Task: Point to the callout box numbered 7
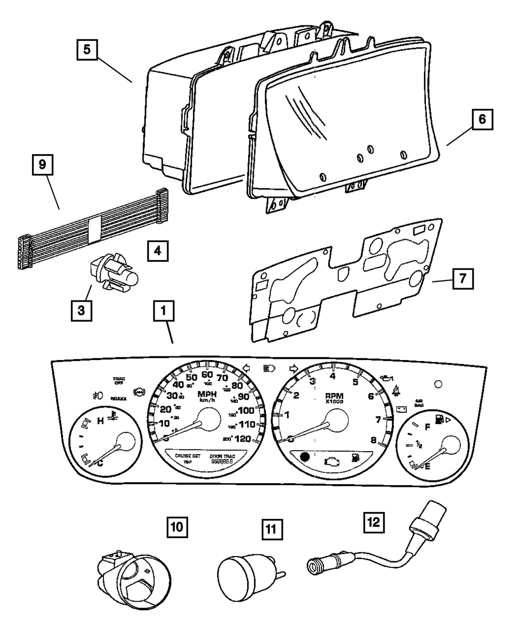461,279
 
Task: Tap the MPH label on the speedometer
207,395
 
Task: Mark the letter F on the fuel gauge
427,427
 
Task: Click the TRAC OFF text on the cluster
119,381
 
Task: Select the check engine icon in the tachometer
330,458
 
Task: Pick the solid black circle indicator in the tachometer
305,457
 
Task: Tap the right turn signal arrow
294,368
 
